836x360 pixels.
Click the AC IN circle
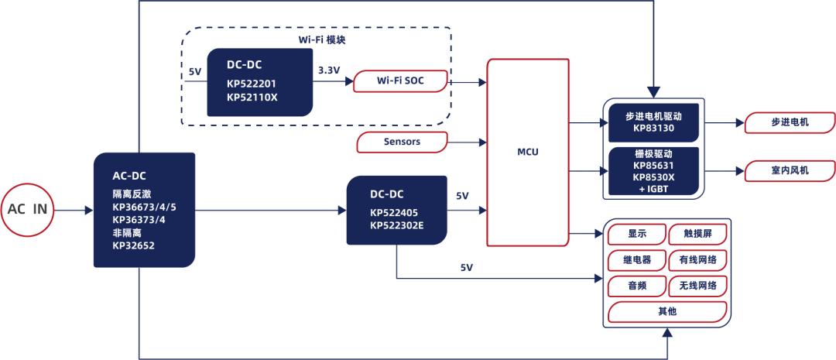pyautogui.click(x=28, y=209)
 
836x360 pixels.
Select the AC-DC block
pyautogui.click(x=144, y=209)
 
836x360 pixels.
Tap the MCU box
pyautogui.click(x=527, y=153)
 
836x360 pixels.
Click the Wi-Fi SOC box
pyautogui.click(x=400, y=81)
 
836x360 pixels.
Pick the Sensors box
pyautogui.click(x=402, y=142)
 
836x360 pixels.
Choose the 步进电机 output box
pyautogui.click(x=790, y=122)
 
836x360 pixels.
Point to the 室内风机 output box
pyautogui.click(x=790, y=170)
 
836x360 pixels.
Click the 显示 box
pyautogui.click(x=636, y=233)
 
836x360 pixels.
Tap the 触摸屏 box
pyautogui.click(x=697, y=233)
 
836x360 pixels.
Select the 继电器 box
pyautogui.click(x=636, y=259)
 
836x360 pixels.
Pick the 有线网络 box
pyautogui.click(x=697, y=259)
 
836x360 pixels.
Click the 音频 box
pyautogui.click(x=636, y=286)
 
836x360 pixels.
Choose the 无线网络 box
pyautogui.click(x=697, y=286)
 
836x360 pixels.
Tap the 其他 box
pyautogui.click(x=667, y=311)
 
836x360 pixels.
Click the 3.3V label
pyautogui.click(x=329, y=70)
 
